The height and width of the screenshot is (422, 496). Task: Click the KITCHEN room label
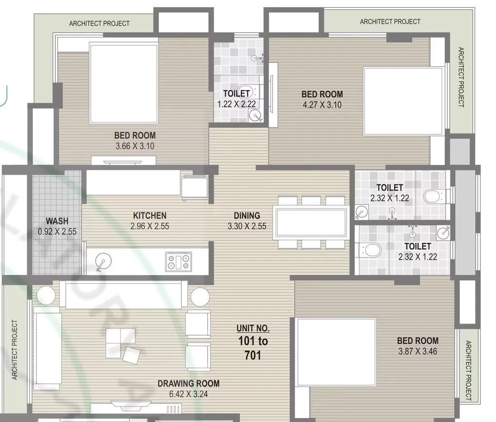click(x=149, y=215)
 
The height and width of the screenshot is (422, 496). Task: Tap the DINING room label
click(x=247, y=215)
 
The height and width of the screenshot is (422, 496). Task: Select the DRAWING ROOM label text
click(x=188, y=383)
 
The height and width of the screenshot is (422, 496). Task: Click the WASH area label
click(x=57, y=221)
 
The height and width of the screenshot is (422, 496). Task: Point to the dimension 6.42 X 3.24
click(x=188, y=394)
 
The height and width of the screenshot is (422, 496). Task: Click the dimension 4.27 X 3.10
click(x=322, y=104)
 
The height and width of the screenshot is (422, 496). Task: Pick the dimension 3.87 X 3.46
click(x=417, y=351)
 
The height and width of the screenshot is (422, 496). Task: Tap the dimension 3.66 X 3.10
click(x=135, y=146)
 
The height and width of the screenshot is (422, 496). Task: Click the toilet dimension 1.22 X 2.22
click(x=236, y=103)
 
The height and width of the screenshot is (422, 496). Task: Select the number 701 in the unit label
click(x=253, y=356)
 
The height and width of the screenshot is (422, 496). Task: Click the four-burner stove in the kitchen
click(x=179, y=262)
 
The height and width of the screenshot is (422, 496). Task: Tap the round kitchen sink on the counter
click(x=102, y=262)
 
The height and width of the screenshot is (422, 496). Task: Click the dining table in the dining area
click(x=311, y=222)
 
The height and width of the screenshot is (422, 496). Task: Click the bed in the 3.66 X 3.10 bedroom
click(x=124, y=82)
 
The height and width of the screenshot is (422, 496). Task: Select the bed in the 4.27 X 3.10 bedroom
click(x=404, y=101)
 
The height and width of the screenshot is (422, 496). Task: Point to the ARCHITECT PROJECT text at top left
click(x=99, y=23)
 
